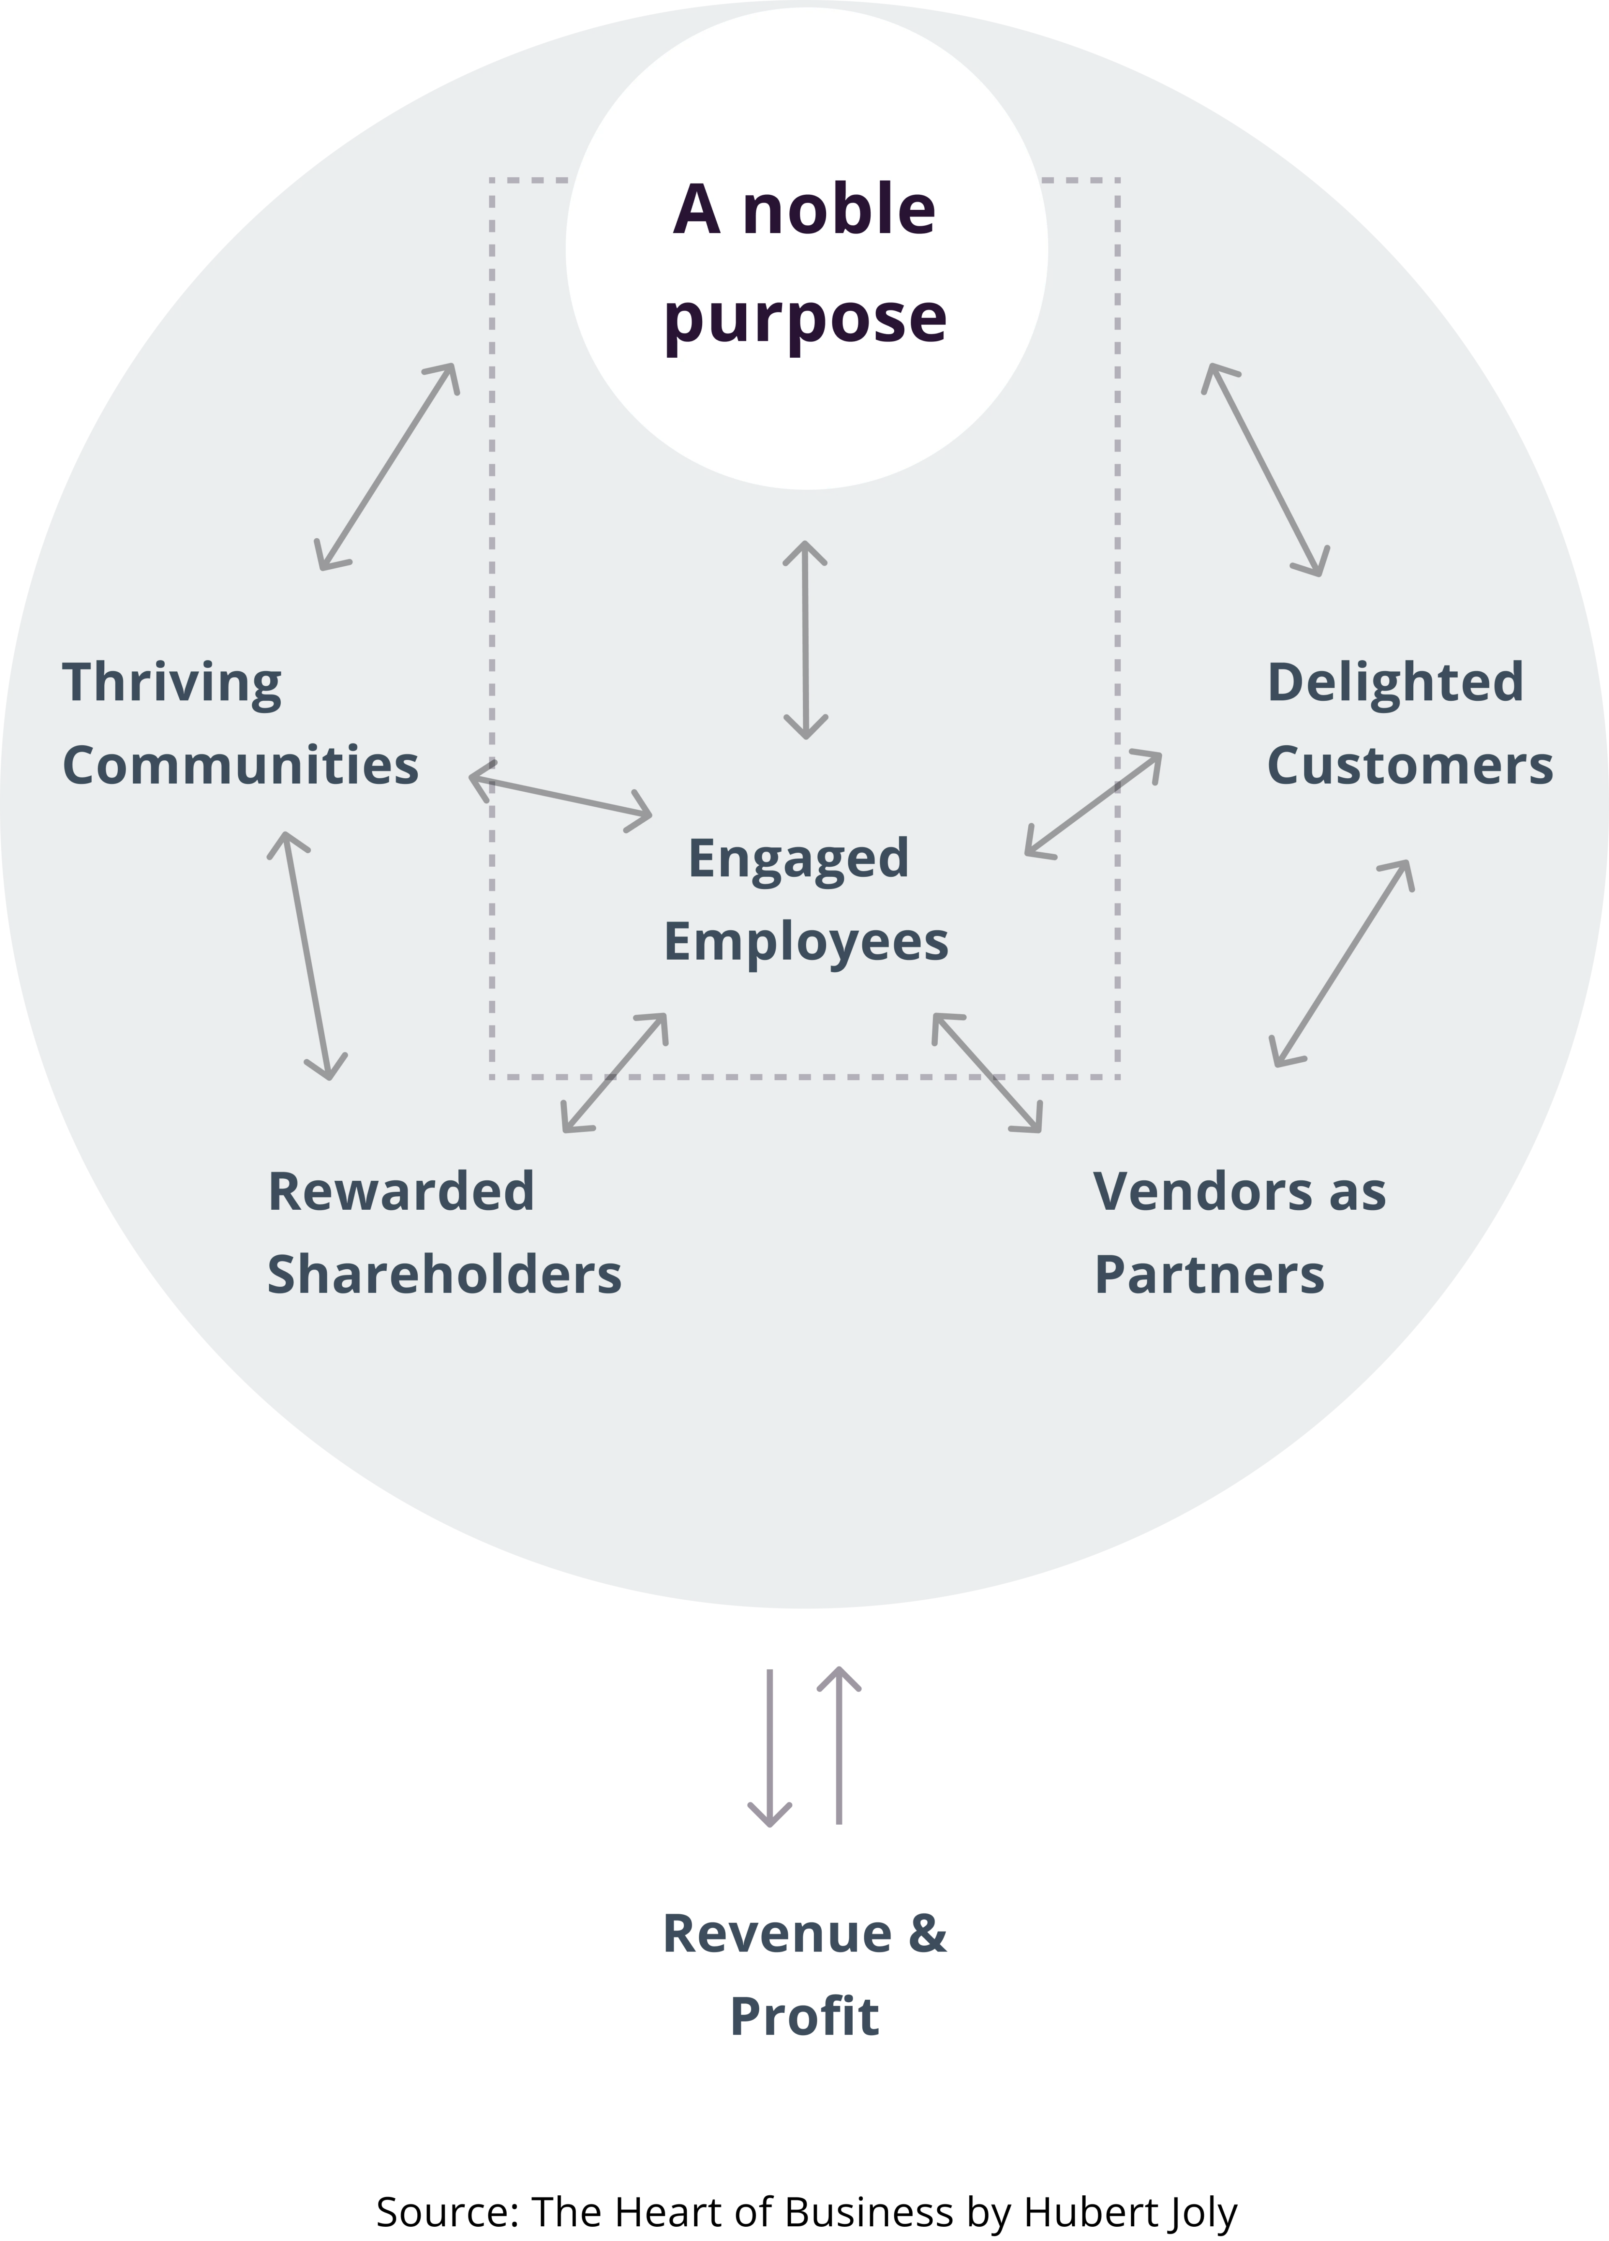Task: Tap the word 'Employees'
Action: point(805,941)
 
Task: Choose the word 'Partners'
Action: point(1210,1274)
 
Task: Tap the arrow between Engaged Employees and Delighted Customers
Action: point(1093,803)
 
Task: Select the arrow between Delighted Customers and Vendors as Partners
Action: point(1341,963)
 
